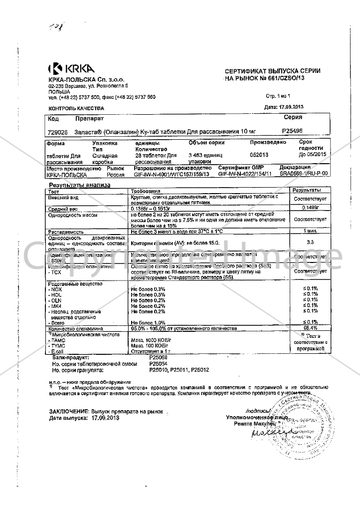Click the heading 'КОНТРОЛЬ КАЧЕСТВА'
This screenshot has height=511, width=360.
click(x=76, y=108)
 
